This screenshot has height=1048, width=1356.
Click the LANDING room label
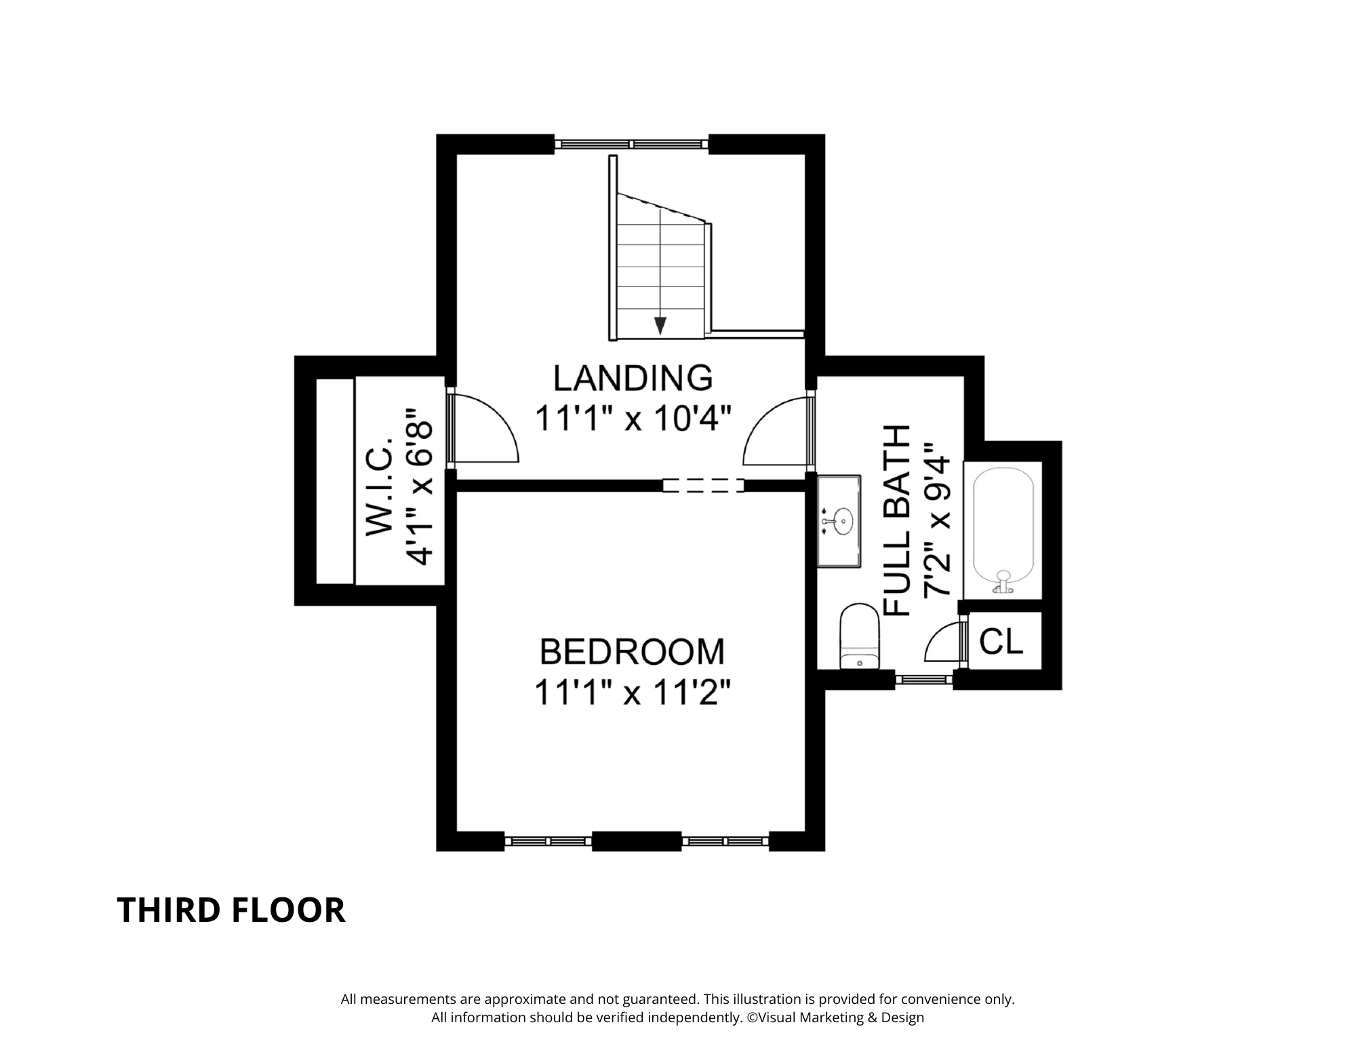(633, 378)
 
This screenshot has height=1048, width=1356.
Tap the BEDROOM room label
(632, 652)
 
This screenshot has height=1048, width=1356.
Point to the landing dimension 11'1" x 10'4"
(633, 419)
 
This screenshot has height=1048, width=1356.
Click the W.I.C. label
(380, 486)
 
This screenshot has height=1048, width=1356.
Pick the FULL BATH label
(897, 520)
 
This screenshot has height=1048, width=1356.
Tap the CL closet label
(1001, 641)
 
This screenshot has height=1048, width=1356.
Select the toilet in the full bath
(859, 638)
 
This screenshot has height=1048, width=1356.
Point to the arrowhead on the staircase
(660, 326)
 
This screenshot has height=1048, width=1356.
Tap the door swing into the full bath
(777, 434)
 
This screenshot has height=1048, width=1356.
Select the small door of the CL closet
(945, 642)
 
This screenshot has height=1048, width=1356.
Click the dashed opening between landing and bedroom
(703, 486)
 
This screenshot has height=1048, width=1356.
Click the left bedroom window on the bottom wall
(549, 841)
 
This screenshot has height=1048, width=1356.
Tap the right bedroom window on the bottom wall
(725, 841)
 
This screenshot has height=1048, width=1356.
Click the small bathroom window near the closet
(924, 678)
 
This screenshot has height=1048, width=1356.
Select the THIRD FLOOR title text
(231, 910)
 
